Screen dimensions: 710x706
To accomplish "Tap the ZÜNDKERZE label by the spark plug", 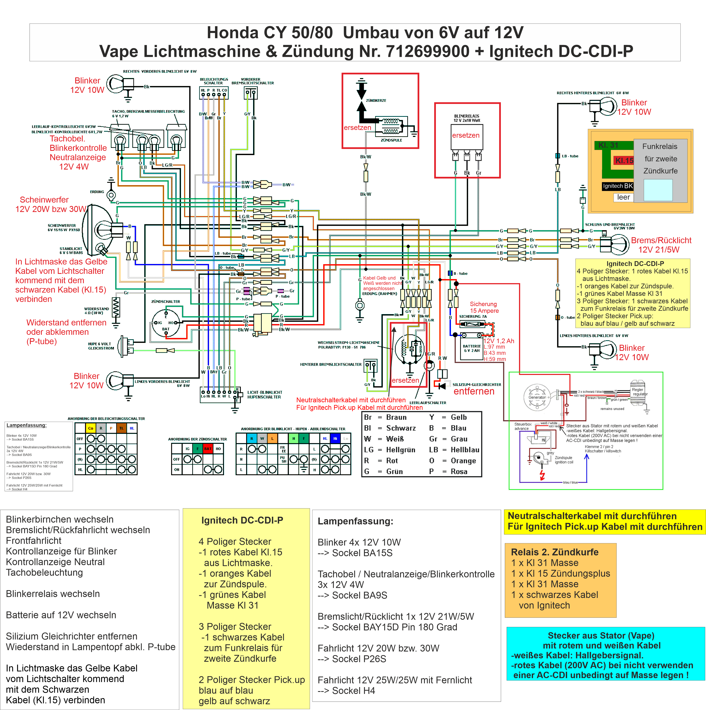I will tap(376, 100).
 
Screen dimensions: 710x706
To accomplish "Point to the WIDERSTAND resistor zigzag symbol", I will tap(116, 307).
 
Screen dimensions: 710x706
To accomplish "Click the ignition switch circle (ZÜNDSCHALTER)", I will tap(166, 323).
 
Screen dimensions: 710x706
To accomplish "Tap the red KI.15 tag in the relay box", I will tap(624, 161).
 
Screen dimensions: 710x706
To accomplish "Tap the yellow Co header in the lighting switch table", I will tap(90, 428).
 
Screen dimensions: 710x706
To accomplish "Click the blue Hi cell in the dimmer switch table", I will tap(335, 438).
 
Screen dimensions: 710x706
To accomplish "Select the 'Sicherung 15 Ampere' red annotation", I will tap(484, 307).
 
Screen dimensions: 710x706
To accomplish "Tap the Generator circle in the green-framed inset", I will tap(537, 397).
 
